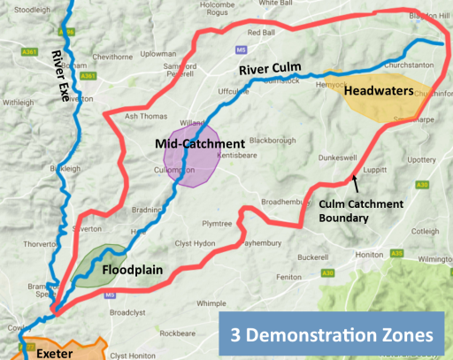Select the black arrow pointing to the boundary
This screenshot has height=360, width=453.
tap(356, 184)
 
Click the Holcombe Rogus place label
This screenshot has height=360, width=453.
tap(221, 9)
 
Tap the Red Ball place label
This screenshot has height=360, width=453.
tap(262, 33)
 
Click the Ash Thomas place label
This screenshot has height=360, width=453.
tap(145, 116)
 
